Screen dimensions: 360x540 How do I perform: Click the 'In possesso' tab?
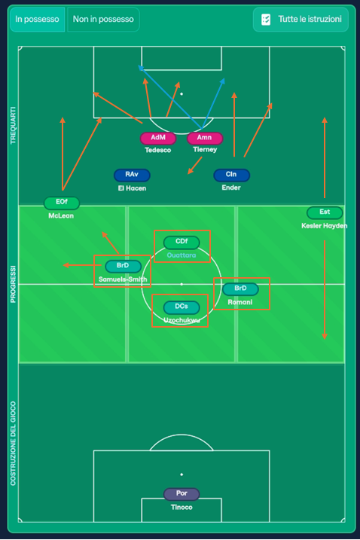click(x=37, y=20)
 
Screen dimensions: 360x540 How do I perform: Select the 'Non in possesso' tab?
click(x=103, y=20)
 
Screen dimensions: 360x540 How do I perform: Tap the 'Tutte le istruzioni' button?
click(x=301, y=20)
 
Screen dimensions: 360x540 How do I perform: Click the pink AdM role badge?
click(x=158, y=138)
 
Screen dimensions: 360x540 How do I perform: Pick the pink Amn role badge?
click(x=205, y=138)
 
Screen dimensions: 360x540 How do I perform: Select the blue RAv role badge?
click(x=132, y=175)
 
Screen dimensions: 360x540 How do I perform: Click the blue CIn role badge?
click(x=231, y=175)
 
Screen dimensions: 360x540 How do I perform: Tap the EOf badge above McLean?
click(x=62, y=202)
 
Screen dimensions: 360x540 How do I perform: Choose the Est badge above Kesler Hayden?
click(x=325, y=212)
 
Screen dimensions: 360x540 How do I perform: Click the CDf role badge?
click(x=182, y=242)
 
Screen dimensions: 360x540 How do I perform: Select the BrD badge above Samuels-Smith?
click(x=123, y=266)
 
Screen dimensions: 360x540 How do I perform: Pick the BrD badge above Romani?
click(x=240, y=288)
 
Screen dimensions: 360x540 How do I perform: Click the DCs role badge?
click(x=182, y=307)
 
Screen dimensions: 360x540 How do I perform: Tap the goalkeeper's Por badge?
click(x=182, y=493)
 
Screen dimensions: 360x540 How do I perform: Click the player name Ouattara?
click(x=182, y=255)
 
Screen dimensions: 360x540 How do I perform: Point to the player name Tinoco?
click(x=182, y=508)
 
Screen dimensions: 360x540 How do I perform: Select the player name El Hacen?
click(x=132, y=188)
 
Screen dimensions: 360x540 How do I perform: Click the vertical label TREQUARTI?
click(x=13, y=125)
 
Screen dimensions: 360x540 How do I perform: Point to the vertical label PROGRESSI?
click(x=13, y=284)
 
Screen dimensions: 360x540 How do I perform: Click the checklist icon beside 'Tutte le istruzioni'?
click(x=266, y=20)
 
